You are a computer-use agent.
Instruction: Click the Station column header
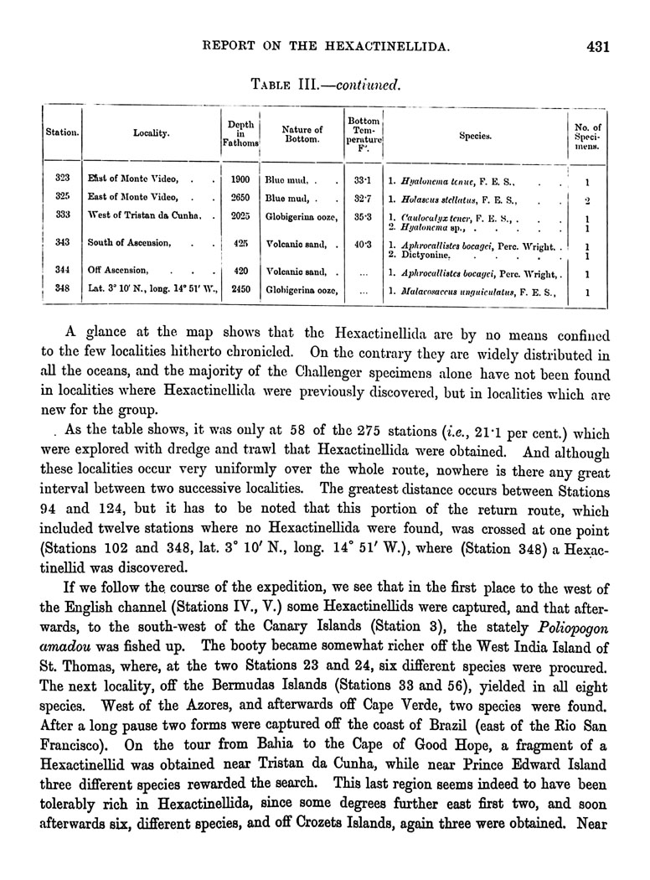coord(62,132)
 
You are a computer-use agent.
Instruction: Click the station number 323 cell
coord(62,180)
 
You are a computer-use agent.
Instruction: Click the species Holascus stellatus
coord(444,200)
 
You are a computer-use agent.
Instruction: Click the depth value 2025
coord(240,217)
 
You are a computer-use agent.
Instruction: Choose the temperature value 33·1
coord(363,179)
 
